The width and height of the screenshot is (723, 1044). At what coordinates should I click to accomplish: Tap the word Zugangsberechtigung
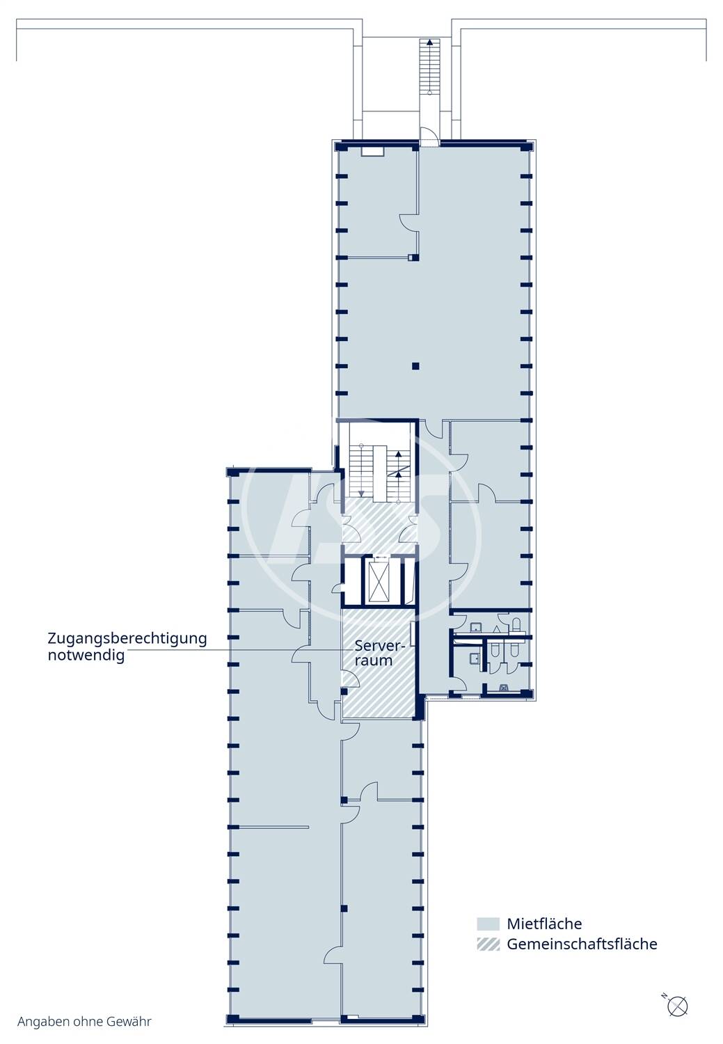click(127, 639)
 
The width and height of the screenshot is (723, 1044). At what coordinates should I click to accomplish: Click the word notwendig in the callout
click(86, 656)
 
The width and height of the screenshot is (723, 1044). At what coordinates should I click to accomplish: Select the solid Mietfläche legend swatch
click(488, 924)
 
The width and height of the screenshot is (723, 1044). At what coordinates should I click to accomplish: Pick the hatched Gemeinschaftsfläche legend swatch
click(488, 944)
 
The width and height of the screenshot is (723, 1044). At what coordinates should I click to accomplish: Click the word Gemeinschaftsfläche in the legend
click(582, 944)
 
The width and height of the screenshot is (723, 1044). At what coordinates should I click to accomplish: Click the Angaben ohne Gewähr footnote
click(84, 1022)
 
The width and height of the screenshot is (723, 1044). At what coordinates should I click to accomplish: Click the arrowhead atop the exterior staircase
click(429, 42)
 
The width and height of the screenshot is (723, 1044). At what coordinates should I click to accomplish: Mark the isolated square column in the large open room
click(415, 366)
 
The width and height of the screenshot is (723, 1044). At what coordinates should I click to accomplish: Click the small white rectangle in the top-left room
click(373, 151)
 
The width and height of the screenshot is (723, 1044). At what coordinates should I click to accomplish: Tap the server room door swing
click(350, 678)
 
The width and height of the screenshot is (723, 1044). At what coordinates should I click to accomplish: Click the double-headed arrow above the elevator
click(381, 557)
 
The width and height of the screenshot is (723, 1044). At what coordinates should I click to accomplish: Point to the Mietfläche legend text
click(544, 924)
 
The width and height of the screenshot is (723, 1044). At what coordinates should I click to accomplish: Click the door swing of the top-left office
click(409, 222)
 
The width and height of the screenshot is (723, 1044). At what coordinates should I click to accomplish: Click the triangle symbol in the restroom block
click(497, 628)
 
